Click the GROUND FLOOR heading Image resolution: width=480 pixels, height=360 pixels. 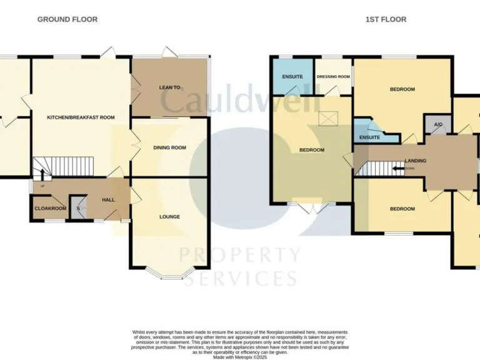coord(67,19)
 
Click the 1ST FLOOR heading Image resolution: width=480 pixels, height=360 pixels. coord(386,19)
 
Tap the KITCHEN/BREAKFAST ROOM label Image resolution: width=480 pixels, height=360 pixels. coord(81,117)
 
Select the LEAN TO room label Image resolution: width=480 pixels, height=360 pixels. coord(169,88)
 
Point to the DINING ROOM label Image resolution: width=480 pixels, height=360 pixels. coord(170,148)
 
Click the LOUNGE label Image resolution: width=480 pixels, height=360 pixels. coord(169,217)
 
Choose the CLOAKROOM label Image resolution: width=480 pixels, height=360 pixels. coord(50,208)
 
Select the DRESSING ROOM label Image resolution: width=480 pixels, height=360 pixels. coord(333,77)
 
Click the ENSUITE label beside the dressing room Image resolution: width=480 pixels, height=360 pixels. coord(292,77)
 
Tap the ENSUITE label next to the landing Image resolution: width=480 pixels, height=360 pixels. coord(369,136)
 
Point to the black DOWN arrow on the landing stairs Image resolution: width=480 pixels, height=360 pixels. coord(397,168)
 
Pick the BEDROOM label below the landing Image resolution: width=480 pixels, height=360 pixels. coord(402,209)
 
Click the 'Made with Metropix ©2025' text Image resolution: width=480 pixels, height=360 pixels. coord(240,357)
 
